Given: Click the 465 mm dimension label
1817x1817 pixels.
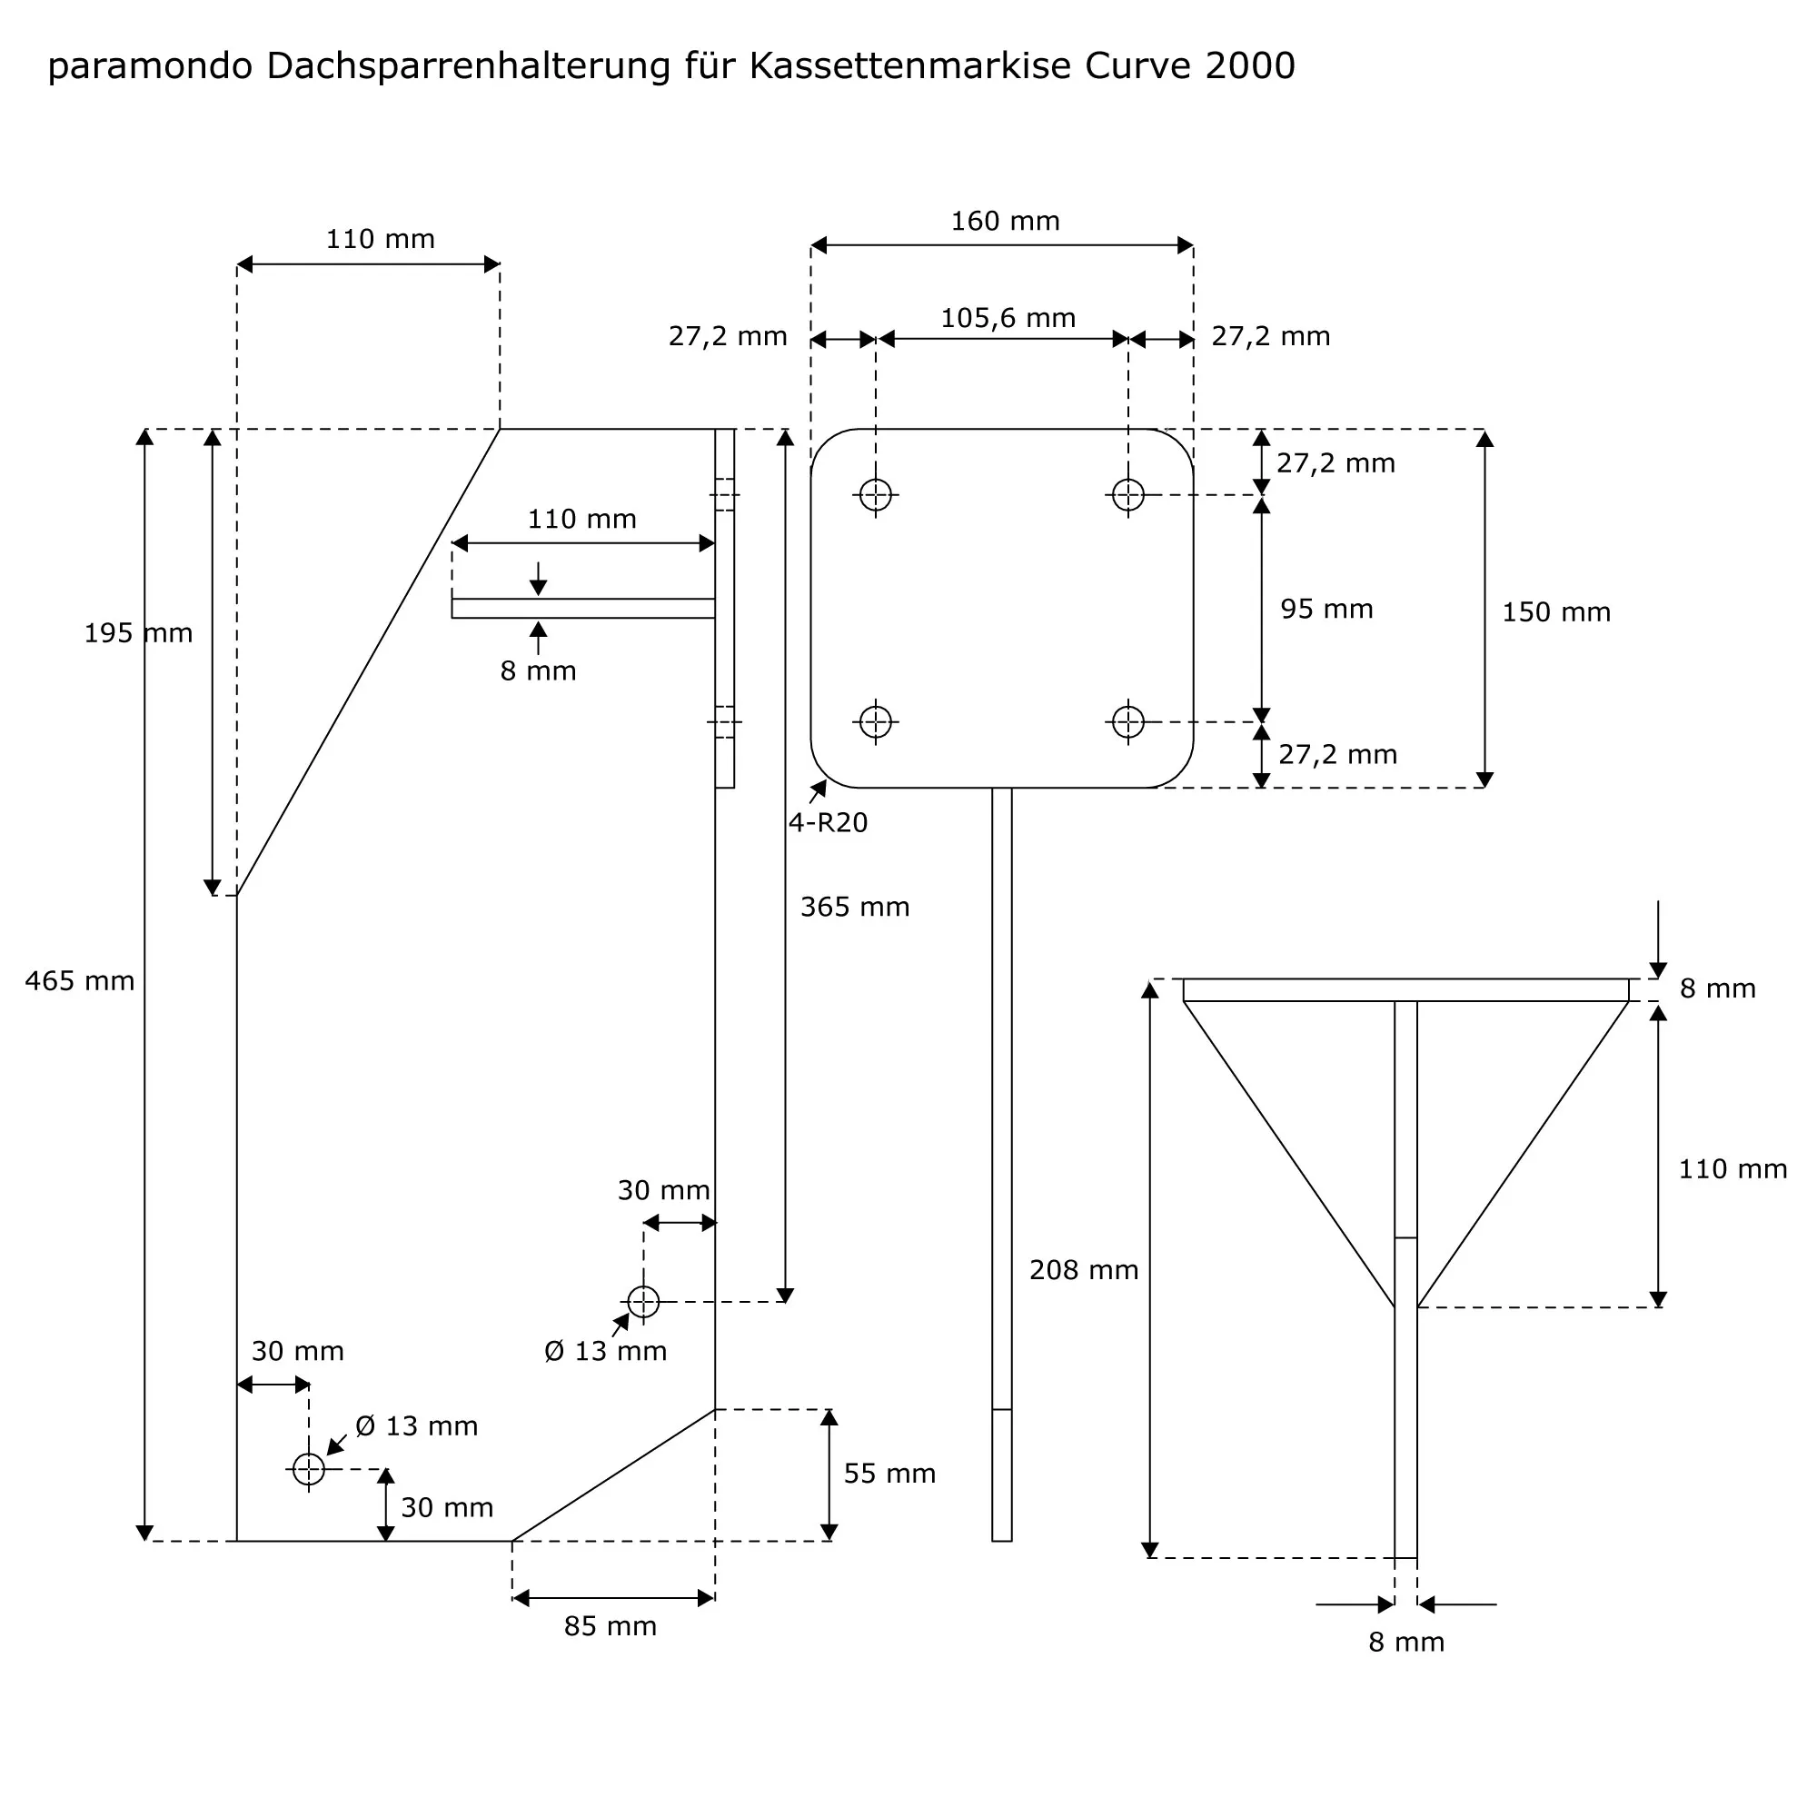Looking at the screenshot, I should coord(80,982).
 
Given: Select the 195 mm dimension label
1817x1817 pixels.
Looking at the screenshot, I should coord(138,634).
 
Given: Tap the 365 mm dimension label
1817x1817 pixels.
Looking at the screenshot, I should coord(855,908).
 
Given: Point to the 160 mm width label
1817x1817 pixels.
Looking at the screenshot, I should coord(1006,222).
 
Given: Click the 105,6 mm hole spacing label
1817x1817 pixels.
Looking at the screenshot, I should coord(1008,319).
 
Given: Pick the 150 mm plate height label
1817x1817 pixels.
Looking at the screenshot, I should coord(1556,613).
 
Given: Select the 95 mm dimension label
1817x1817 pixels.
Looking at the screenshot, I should coord(1326,610).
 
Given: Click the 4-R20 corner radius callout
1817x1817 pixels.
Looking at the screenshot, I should coord(828,823).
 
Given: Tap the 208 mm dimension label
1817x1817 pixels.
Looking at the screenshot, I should coord(1084,1271).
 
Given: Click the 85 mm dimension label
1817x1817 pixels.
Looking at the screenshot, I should coord(611,1626).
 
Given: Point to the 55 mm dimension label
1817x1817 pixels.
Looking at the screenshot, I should coord(889,1474).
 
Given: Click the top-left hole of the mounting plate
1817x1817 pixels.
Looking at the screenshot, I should coord(876,495).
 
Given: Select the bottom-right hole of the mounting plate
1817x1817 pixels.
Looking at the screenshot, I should coord(1127,722).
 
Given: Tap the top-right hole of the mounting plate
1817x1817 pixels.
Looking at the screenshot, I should coord(1127,495).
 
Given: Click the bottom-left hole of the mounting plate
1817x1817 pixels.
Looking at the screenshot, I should coord(876,722).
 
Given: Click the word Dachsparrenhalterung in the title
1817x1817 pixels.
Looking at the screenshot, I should coord(469,66).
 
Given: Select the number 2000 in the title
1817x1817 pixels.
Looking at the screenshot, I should coord(1250,66).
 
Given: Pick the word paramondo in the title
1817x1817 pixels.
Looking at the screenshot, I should coord(151,66).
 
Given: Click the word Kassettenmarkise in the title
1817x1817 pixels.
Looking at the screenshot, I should coord(909,66).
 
